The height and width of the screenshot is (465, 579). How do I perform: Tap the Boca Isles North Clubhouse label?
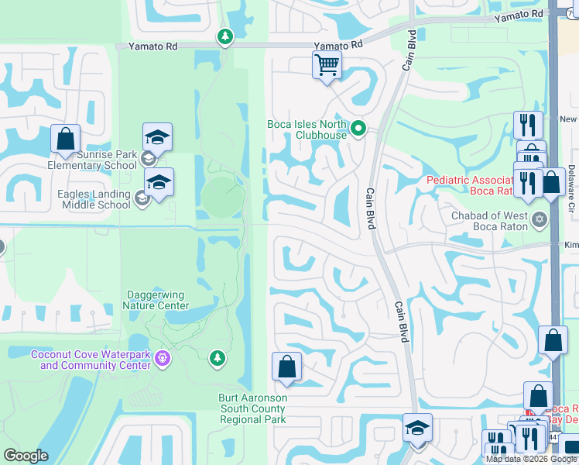point(307,129)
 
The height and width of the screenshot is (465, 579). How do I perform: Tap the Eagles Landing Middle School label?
point(82,200)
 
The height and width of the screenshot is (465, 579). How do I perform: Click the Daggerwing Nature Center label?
point(156,300)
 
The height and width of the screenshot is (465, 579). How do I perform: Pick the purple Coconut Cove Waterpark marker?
point(162,358)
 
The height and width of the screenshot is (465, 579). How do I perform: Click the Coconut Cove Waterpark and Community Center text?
point(91,360)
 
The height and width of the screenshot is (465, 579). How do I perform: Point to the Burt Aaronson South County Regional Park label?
point(253,408)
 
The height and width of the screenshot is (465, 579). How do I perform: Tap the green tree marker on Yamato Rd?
point(224,36)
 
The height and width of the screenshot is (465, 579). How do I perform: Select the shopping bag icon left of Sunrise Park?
point(66,139)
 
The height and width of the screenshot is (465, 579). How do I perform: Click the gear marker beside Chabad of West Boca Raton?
point(540,221)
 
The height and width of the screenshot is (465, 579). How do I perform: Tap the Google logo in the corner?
point(26,456)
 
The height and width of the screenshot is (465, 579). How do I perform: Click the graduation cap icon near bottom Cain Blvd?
point(417,428)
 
